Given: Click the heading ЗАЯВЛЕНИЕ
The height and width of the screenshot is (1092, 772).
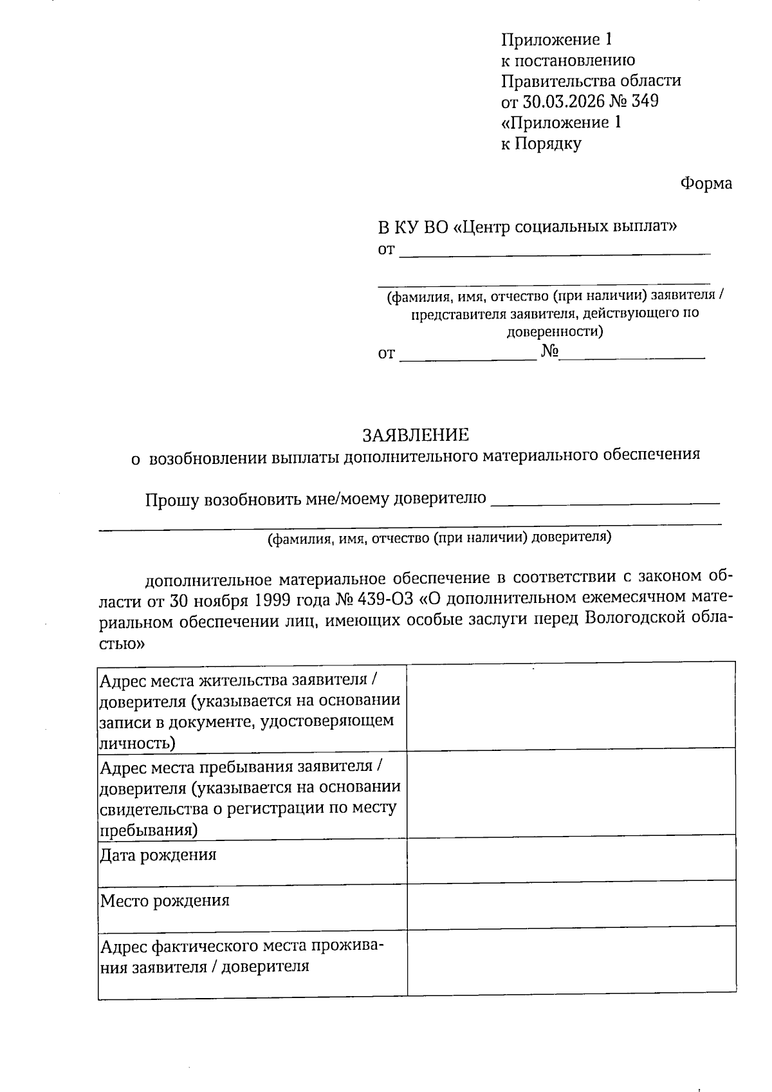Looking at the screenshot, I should (x=416, y=435).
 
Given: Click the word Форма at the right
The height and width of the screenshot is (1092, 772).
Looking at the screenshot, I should (x=706, y=184).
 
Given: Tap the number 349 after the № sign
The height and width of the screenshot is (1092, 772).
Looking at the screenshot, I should (x=645, y=101).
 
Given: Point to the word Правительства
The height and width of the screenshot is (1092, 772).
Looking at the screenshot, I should (x=557, y=81).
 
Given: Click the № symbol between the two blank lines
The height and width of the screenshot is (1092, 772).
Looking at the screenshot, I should (x=549, y=351).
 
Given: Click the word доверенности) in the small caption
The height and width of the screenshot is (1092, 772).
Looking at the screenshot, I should (x=555, y=333).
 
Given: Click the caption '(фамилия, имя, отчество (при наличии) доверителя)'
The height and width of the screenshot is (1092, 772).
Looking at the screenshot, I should (x=439, y=538).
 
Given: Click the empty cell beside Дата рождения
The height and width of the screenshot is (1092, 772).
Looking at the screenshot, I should (x=571, y=858).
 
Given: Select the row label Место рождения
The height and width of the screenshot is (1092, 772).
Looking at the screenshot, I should (x=165, y=900).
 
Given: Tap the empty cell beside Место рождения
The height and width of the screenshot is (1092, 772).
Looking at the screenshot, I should (x=571, y=903).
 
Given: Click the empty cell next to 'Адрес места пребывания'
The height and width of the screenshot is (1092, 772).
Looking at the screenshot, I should (x=571, y=792).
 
